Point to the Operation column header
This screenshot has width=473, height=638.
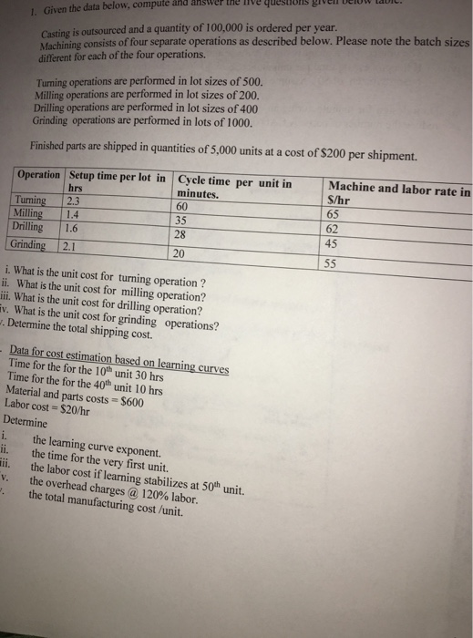38,175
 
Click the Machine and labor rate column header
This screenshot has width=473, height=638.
398,190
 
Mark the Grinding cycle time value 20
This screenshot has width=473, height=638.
179,252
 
